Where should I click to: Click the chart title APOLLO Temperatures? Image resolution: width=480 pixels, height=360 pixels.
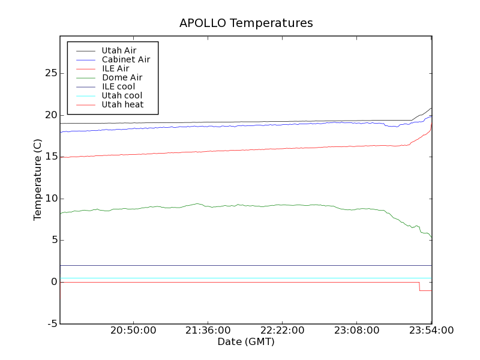click(x=246, y=23)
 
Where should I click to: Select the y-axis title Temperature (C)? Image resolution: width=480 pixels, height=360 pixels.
click(x=38, y=180)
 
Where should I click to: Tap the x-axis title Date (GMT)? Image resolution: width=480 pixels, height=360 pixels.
click(x=245, y=341)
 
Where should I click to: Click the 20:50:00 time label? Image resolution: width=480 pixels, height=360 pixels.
click(x=133, y=331)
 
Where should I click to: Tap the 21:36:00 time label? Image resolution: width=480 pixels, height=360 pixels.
click(x=208, y=331)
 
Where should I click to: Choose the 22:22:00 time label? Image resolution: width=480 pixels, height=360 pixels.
click(x=282, y=331)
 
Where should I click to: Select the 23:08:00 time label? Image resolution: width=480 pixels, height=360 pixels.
click(x=356, y=331)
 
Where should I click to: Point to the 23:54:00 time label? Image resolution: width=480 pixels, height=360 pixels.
click(x=431, y=331)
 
